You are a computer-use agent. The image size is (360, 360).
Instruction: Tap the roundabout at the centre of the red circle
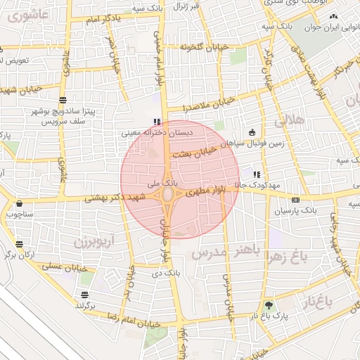click(x=169, y=194)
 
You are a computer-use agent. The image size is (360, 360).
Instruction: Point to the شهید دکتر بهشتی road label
click(x=114, y=199)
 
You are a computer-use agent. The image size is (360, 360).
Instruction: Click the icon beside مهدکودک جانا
click(x=257, y=174)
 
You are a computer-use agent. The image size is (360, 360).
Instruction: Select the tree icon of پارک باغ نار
click(x=268, y=305)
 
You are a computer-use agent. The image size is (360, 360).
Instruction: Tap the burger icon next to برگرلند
click(x=84, y=295)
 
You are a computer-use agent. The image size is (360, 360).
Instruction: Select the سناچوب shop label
click(x=20, y=212)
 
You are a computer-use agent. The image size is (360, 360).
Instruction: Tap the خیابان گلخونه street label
click(x=186, y=47)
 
